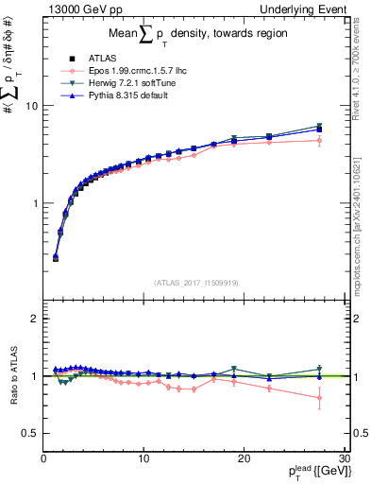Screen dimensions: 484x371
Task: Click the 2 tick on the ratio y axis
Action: click(35, 319)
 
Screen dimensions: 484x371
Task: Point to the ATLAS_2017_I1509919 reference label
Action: click(194, 281)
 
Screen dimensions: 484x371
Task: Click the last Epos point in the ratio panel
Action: click(319, 398)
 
